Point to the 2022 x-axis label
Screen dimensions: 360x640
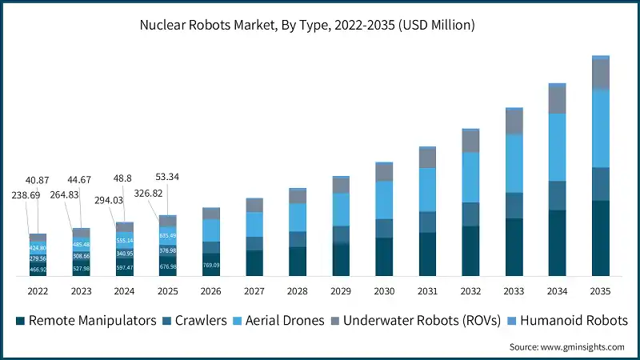[38, 291]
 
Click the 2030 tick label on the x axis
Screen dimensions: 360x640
[384, 291]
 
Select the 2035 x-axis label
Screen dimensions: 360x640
[601, 291]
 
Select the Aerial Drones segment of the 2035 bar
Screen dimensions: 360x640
[601, 128]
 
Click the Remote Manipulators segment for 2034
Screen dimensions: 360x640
[558, 243]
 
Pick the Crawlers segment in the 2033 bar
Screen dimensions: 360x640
[514, 205]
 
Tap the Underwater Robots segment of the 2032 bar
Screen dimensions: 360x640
[471, 142]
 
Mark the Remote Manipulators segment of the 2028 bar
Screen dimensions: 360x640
[298, 262]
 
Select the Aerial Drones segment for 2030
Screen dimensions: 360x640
[384, 200]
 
